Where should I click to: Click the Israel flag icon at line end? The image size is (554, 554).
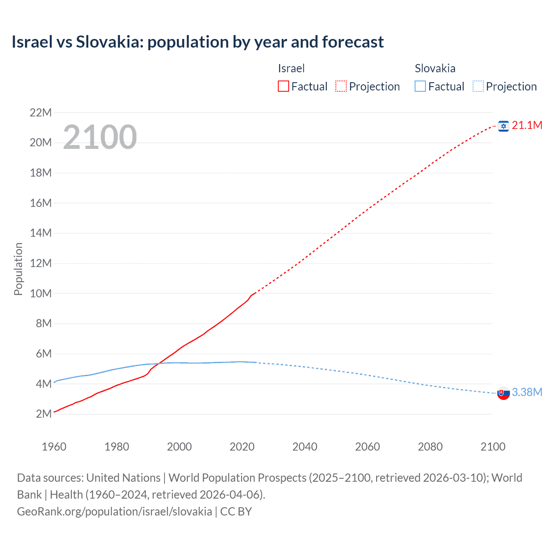tap(503, 126)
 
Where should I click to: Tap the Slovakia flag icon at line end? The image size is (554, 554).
tap(503, 393)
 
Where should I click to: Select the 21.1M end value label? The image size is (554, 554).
tap(527, 126)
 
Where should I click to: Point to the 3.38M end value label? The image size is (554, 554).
tap(527, 393)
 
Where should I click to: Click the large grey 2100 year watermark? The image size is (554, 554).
tap(100, 137)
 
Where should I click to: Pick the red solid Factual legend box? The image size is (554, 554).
tap(283, 87)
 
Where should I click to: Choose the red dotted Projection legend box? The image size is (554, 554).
tap(341, 87)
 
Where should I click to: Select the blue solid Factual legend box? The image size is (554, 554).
tap(420, 87)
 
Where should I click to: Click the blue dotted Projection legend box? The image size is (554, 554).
tap(478, 87)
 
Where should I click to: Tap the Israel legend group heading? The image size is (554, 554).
tap(291, 68)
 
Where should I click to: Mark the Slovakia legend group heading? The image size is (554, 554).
tap(435, 68)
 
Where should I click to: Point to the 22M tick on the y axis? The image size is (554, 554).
tap(41, 113)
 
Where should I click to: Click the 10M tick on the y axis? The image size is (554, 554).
tap(41, 293)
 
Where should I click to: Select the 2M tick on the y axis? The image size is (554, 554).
tap(44, 414)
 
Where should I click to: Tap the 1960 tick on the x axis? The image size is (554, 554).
tap(54, 447)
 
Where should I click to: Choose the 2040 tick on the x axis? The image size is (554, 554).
tap(305, 447)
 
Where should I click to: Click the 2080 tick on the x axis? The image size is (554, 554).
tap(430, 447)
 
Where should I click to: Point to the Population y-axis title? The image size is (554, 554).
tap(18, 269)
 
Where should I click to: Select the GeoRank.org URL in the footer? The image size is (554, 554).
tap(114, 512)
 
